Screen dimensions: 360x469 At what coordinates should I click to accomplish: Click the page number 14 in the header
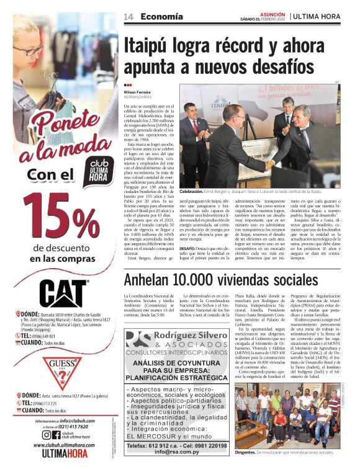pos(128,16)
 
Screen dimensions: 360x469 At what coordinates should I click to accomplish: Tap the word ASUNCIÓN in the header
pos(272,13)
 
